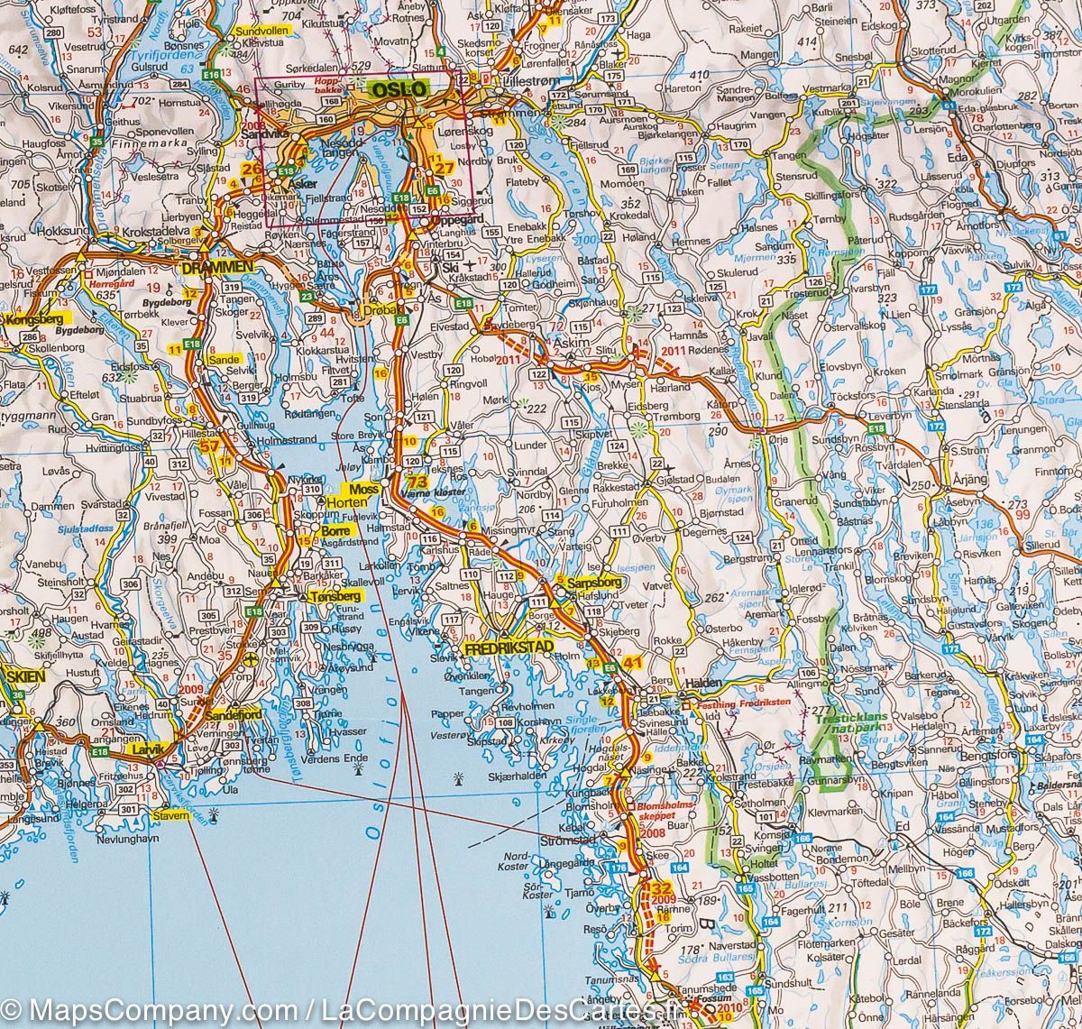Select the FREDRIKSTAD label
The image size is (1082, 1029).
[x=507, y=648]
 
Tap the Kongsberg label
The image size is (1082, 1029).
[x=32, y=320]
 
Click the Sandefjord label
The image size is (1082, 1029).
[x=215, y=712]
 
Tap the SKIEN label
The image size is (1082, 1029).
[x=20, y=675]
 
